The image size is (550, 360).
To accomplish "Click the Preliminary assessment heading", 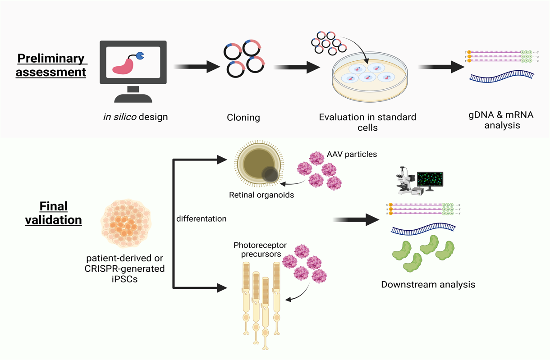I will [51, 65].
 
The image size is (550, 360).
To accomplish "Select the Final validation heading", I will [53, 213].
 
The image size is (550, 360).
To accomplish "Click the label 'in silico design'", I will [135, 117].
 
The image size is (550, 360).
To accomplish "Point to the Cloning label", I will [243, 118].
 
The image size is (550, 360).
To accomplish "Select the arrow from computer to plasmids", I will [196, 67].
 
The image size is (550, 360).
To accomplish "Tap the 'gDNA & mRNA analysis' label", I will [501, 120].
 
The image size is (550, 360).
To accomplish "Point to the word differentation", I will [201, 219].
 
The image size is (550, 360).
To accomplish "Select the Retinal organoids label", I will [261, 195].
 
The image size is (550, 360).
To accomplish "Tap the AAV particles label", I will [352, 154].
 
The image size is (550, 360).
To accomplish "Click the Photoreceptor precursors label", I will [257, 250].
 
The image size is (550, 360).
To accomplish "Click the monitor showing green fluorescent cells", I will [430, 180].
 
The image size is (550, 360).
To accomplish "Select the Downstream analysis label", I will [428, 284].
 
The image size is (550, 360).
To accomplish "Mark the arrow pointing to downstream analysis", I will [356, 219].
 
